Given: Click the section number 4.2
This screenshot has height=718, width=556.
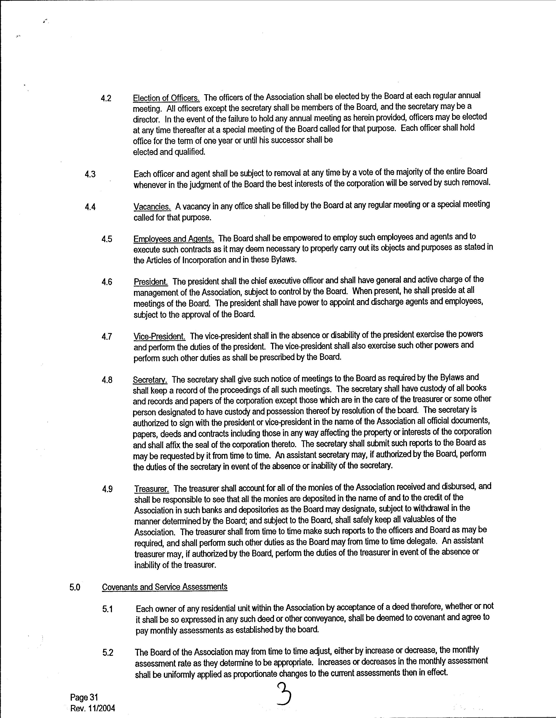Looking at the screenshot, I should point(106,99).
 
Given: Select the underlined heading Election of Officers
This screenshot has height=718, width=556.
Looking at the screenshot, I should point(166,98).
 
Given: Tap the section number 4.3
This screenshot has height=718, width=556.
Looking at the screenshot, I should point(90,174).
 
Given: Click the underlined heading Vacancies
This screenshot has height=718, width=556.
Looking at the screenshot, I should point(152,207).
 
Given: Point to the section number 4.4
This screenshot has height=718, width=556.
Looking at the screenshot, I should point(90,207).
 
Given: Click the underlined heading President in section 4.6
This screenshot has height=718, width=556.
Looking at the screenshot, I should point(151,282).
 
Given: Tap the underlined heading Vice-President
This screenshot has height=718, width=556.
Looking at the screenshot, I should point(160,337).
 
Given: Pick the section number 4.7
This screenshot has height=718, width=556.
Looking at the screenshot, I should point(107,337).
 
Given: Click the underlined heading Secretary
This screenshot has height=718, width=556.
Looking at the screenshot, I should point(150,380).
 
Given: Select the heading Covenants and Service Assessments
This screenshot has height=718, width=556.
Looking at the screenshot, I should point(165,587).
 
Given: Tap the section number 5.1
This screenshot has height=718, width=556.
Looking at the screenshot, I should point(107,609).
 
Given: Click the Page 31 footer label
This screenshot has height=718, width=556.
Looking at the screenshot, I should point(84,697).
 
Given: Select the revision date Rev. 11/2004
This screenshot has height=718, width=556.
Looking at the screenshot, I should point(93,708).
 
